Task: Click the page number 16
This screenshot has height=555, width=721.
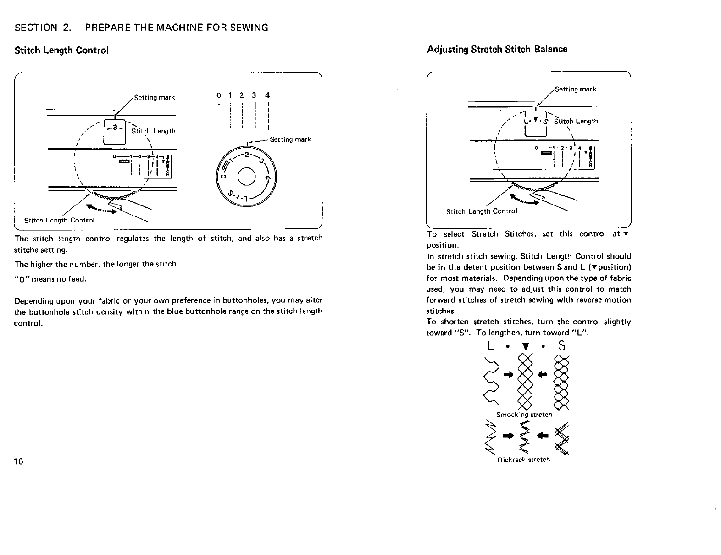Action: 19,461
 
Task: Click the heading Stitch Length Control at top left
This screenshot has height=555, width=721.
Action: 61,50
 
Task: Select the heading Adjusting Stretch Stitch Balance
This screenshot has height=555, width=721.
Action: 497,49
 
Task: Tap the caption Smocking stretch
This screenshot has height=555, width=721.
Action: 524,415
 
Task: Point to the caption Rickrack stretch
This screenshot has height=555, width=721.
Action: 524,459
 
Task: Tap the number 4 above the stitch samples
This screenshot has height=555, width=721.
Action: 267,95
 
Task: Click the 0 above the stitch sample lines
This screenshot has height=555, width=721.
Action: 218,95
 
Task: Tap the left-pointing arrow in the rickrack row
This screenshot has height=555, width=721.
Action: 545,435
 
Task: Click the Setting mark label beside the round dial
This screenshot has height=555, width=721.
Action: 290,139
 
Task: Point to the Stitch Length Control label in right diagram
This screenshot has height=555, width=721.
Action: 482,211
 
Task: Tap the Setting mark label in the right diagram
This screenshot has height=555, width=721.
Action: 575,89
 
